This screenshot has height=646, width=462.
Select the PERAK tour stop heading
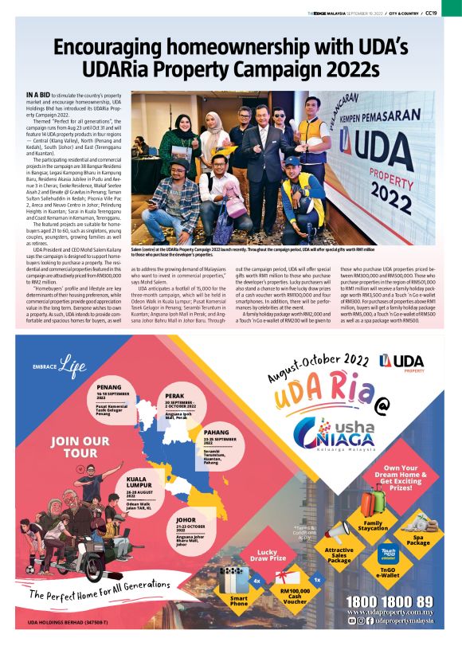(x=175, y=395)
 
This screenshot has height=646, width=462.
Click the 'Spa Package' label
(x=423, y=539)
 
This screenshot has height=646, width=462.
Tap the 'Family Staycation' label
(x=374, y=526)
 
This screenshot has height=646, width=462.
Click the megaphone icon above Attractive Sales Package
(x=337, y=528)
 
